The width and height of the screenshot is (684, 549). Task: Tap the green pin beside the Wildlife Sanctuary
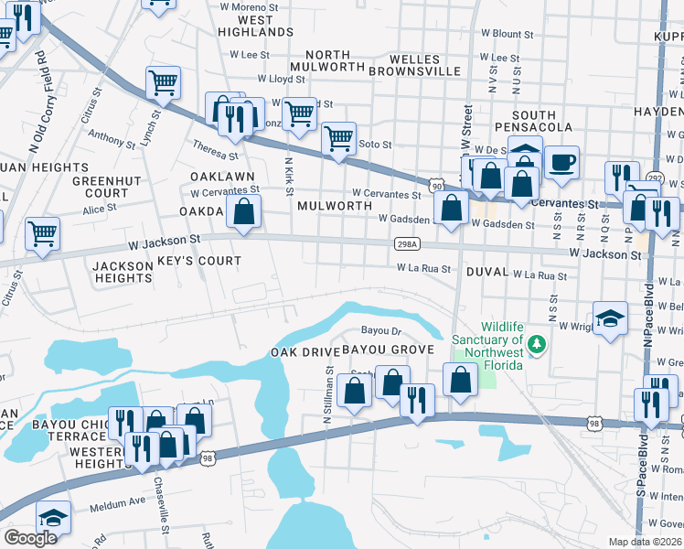point(539,345)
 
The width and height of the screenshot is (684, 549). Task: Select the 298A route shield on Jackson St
point(408,244)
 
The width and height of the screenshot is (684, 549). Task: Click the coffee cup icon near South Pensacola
point(562,162)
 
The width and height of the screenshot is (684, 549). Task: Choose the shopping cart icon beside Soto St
point(339,138)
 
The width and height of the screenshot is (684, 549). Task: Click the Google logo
point(31,538)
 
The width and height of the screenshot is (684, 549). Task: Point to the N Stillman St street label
point(327,394)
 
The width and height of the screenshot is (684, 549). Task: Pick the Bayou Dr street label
point(381,330)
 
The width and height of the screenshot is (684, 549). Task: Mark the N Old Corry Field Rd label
point(37,101)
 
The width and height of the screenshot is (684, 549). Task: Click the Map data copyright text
point(646,542)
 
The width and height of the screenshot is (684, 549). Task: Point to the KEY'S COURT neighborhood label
point(199,261)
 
